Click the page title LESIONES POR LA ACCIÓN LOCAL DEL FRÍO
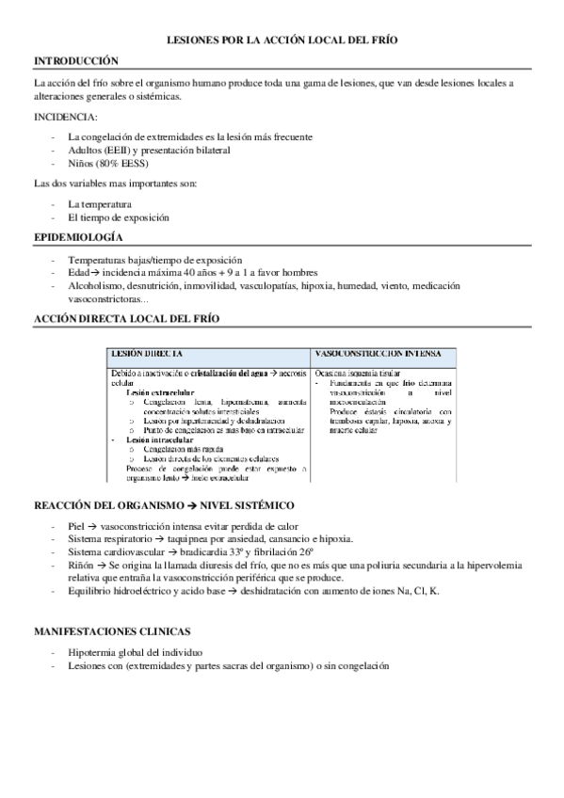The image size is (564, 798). coord(282,42)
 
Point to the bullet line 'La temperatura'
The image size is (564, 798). coord(99,203)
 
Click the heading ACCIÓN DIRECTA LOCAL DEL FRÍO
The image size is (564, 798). coord(126,319)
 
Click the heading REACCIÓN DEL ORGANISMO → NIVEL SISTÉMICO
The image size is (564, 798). coord(164,505)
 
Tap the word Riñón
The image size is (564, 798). coord(82,565)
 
